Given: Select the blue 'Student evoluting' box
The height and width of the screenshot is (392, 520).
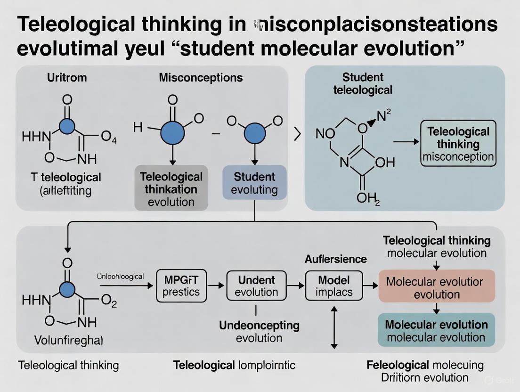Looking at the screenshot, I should pyautogui.click(x=255, y=184).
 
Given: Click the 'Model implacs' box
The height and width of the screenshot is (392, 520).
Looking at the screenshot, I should pyautogui.click(x=334, y=285).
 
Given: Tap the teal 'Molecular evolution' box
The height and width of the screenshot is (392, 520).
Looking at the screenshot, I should pyautogui.click(x=437, y=330).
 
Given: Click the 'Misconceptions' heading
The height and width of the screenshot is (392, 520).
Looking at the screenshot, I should pyautogui.click(x=201, y=78).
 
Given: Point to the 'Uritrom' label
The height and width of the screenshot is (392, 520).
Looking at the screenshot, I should pyautogui.click(x=66, y=78).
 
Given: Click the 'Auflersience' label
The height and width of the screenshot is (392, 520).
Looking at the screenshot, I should pyautogui.click(x=335, y=259).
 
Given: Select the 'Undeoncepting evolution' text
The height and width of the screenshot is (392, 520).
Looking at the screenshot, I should pyautogui.click(x=259, y=332).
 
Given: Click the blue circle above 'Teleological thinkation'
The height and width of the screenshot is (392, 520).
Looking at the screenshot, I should pyautogui.click(x=173, y=132).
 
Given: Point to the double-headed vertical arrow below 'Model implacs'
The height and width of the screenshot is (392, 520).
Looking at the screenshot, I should pyautogui.click(x=334, y=328).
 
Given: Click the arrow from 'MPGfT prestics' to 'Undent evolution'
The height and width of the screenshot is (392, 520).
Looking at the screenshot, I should pyautogui.click(x=217, y=286).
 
